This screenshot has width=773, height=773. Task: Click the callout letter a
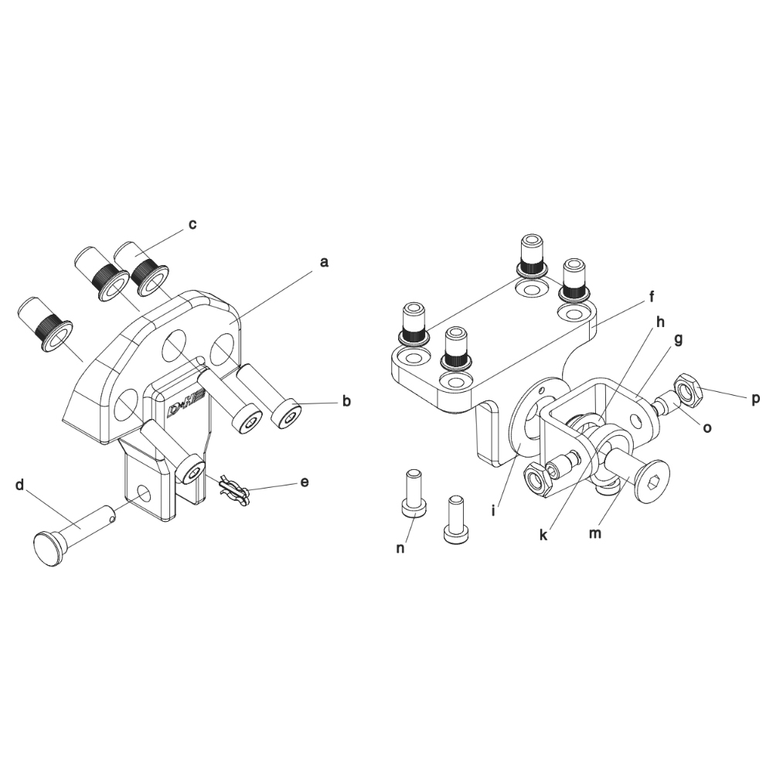click(x=323, y=262)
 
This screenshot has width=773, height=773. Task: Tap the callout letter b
click(x=346, y=400)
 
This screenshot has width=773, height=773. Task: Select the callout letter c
click(x=192, y=224)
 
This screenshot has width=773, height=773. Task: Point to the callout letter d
click(x=20, y=485)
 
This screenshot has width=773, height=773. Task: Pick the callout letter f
click(x=651, y=297)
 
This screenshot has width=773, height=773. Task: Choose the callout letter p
click(x=755, y=400)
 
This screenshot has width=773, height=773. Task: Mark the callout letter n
click(x=400, y=548)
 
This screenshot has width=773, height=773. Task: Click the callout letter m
click(x=595, y=533)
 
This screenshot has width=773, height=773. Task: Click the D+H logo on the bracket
click(x=182, y=409)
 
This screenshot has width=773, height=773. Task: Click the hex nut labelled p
click(x=687, y=387)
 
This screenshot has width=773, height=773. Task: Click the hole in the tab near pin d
click(x=144, y=492)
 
